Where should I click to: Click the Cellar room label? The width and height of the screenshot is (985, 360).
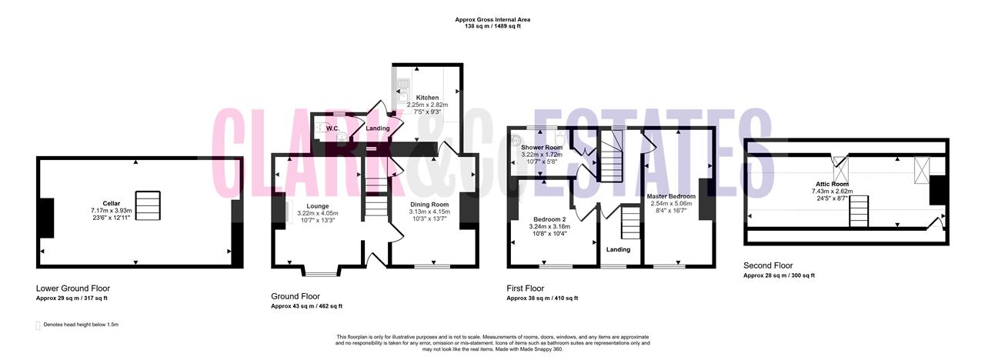112,204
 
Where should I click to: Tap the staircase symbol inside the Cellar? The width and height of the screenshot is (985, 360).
148,205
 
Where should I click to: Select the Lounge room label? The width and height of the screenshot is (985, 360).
318,206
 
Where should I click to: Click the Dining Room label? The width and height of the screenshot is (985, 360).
429,205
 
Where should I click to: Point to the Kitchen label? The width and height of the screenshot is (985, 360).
427,98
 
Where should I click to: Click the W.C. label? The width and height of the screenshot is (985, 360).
332,128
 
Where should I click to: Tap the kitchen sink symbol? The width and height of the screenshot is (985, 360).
403,91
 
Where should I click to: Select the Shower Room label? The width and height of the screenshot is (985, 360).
542,148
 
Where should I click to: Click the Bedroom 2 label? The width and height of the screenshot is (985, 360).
549,219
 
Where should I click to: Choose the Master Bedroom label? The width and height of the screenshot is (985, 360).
671,196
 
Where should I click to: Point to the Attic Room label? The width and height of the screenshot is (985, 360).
832,184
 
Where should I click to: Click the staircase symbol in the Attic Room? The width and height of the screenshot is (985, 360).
859,212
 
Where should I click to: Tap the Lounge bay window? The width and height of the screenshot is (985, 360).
321,274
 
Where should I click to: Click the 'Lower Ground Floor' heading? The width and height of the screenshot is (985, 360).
73,288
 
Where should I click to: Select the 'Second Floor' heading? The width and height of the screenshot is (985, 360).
768,265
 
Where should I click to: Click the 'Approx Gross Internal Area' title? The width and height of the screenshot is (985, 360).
492,20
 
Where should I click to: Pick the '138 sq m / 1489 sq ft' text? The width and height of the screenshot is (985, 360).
492,26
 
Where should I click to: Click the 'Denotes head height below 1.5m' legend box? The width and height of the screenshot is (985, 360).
38,325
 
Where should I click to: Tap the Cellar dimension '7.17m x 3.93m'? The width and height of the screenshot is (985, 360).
112,211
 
